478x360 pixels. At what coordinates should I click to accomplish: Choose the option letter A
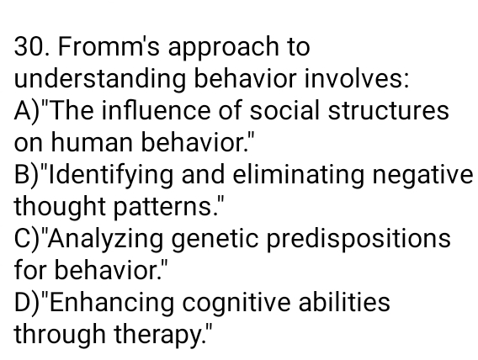pyautogui.click(x=23, y=112)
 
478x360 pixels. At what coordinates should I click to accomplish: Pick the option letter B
pyautogui.click(x=23, y=176)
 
